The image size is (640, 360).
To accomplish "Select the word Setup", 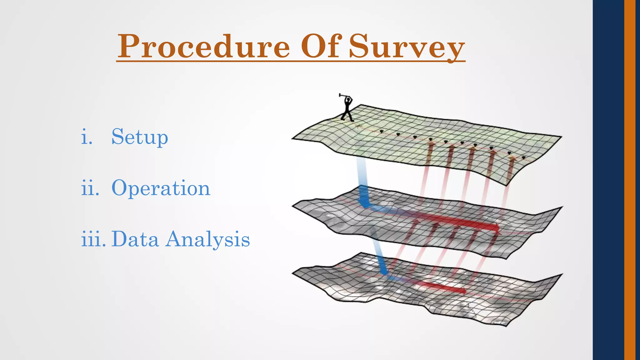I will [x=140, y=137].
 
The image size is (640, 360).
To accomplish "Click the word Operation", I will [x=161, y=188].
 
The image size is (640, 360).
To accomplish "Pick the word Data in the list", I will [x=135, y=239].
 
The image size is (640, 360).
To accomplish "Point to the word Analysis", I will [x=207, y=240].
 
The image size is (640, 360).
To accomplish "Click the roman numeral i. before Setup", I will [x=87, y=137].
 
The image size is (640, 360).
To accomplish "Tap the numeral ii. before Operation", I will [x=90, y=188].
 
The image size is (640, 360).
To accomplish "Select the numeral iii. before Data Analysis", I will [x=93, y=239].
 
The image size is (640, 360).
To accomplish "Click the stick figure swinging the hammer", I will [x=347, y=109].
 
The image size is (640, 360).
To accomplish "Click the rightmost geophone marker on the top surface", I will [x=523, y=157].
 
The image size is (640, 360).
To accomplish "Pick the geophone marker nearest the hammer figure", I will [x=381, y=131].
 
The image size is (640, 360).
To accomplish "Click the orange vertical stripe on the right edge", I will [x=630, y=180].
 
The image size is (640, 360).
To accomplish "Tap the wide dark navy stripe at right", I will [x=608, y=180].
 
